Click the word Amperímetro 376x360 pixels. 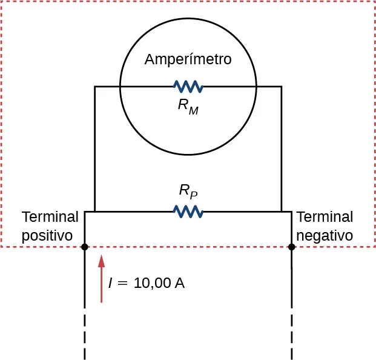[188, 60]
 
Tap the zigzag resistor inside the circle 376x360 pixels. [188, 87]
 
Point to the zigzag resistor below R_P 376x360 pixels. [188, 211]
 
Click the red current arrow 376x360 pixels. [101, 278]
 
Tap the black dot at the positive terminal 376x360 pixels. [85, 247]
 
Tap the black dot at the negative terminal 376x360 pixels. [292, 247]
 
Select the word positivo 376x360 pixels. [47, 235]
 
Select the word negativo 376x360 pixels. [325, 235]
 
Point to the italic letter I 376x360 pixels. [110, 283]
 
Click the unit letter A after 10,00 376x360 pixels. [180, 283]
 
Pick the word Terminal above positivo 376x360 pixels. [50, 217]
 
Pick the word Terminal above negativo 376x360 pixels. [325, 217]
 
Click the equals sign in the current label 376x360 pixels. [123, 284]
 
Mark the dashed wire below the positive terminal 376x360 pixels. [85, 336]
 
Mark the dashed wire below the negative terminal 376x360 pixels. [292, 336]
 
